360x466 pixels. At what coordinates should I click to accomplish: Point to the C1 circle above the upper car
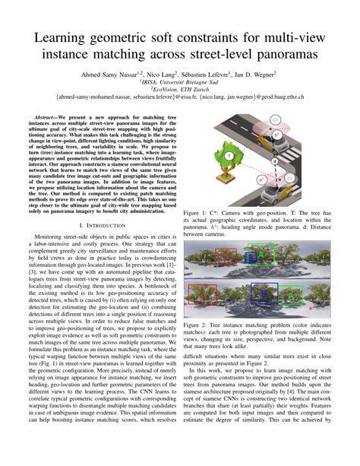click(276, 120)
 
